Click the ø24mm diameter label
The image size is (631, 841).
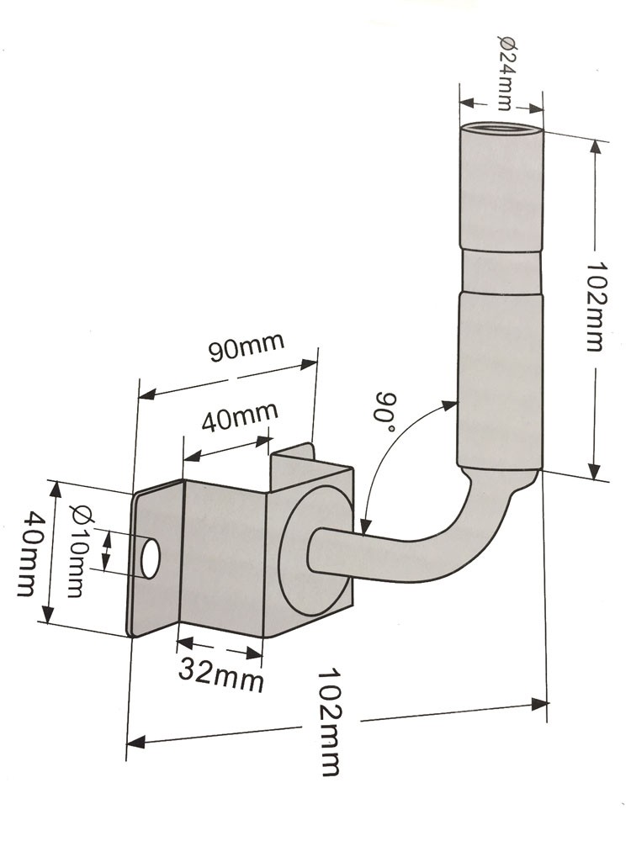(505, 72)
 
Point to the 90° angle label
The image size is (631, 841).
(387, 412)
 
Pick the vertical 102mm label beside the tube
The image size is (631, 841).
(595, 306)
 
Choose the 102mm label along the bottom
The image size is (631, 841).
(329, 722)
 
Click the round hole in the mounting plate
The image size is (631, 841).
(150, 559)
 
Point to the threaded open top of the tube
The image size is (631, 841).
(501, 128)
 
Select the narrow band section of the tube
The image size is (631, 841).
(501, 270)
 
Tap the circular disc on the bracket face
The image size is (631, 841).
(315, 550)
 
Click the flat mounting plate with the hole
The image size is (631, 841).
(156, 559)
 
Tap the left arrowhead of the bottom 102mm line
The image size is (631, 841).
(135, 743)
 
